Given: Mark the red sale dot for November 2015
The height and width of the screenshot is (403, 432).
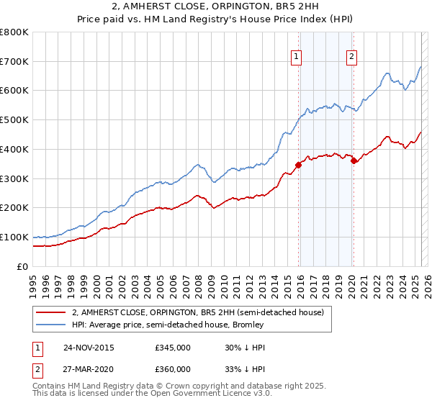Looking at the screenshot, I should tap(298, 165).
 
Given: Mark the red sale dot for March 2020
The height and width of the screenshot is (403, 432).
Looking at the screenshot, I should tap(354, 160).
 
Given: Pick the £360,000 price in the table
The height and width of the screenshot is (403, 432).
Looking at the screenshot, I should tap(173, 369).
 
